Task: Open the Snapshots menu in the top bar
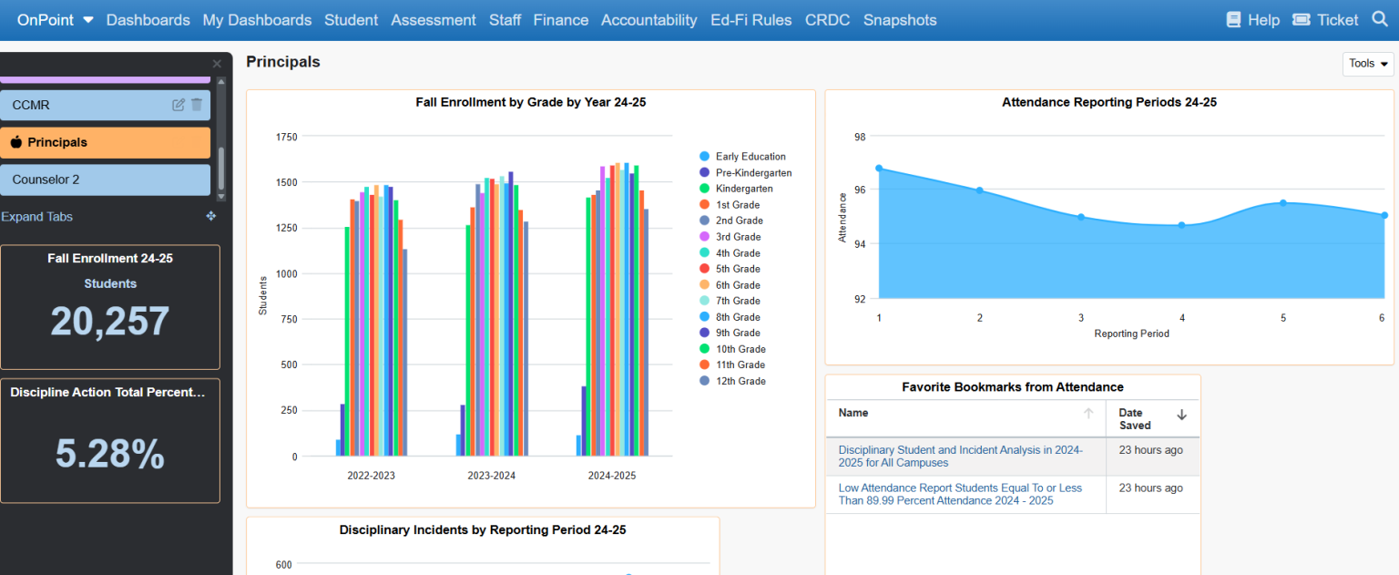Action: pos(899,20)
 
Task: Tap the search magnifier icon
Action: pos(1378,19)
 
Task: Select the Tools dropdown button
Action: pos(1367,64)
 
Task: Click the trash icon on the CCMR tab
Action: pos(197,105)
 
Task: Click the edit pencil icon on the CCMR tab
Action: pos(179,105)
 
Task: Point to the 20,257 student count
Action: pos(110,322)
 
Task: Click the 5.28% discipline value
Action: pos(110,454)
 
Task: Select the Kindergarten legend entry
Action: pos(743,189)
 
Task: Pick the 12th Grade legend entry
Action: pos(739,381)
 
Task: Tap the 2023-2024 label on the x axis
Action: pos(492,476)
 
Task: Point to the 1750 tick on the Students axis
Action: pos(286,137)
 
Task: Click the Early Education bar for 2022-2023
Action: pos(338,447)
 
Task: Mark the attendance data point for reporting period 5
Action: pos(1282,203)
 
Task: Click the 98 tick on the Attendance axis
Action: pos(860,137)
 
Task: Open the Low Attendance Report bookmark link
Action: pos(960,494)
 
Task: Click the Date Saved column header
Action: pos(1135,419)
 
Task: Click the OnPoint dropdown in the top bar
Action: pos(55,20)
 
